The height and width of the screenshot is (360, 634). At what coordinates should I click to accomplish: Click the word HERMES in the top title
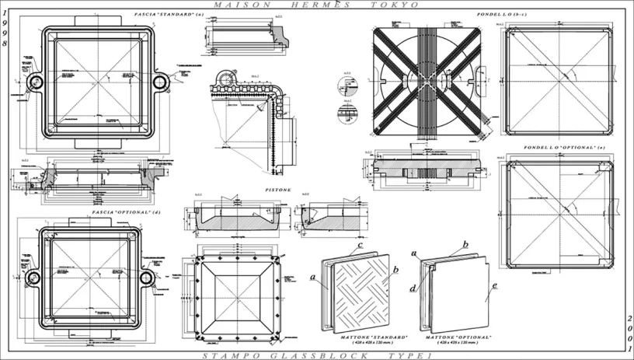(x=325, y=5)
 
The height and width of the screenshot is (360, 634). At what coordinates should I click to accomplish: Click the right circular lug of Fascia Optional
(x=147, y=278)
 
